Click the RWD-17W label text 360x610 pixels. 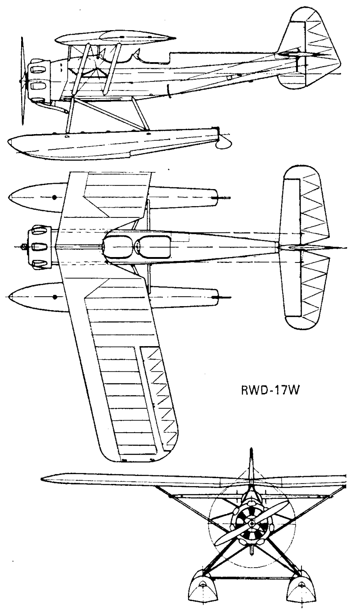point(270,390)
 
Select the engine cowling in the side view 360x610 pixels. point(40,81)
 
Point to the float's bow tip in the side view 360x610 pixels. point(8,142)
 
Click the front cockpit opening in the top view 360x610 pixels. point(118,246)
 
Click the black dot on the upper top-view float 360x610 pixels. point(54,197)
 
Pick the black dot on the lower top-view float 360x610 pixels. point(55,297)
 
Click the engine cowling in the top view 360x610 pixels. point(40,248)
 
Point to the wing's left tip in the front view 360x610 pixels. point(42,479)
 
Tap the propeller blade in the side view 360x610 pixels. point(23,81)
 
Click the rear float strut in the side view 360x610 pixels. point(140,114)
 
